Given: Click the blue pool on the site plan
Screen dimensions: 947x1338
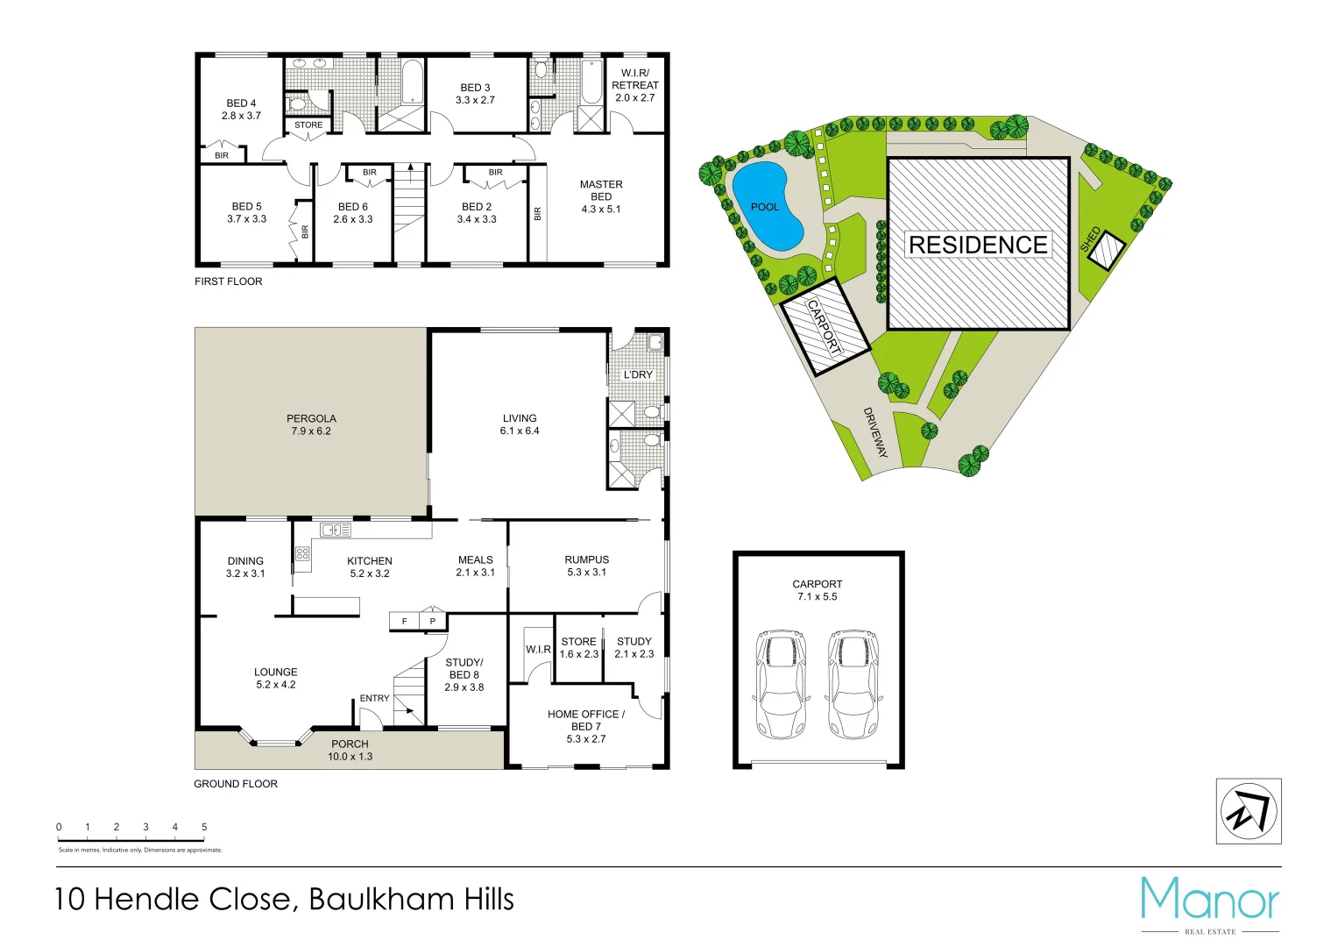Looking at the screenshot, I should pos(767,207).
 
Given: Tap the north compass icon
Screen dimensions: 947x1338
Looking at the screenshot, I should pos(1249,811).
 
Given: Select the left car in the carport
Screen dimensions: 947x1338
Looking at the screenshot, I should pos(780,684).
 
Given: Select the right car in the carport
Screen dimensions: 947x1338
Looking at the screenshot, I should pos(853,684).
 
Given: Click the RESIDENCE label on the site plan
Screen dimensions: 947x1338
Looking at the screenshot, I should pos(978,245).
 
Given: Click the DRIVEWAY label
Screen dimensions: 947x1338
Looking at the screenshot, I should pos(875,432).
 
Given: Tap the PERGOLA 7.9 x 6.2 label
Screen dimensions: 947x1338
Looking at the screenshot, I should pos(311,424).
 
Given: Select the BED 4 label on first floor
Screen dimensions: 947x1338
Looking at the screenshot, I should pos(241,109).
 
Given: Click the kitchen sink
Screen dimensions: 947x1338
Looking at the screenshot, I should pos(335,530).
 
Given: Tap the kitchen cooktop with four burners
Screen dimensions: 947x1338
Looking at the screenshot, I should pos(302,553).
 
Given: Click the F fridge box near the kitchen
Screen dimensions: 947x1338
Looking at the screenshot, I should pos(404,621).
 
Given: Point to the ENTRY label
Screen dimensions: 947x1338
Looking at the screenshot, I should pos(374,698).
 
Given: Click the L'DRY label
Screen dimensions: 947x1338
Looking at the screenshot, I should pos(638,374).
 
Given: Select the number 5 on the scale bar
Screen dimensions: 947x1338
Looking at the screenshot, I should pos(204,827).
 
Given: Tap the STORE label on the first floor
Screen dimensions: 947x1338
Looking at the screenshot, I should pos(308,125).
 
